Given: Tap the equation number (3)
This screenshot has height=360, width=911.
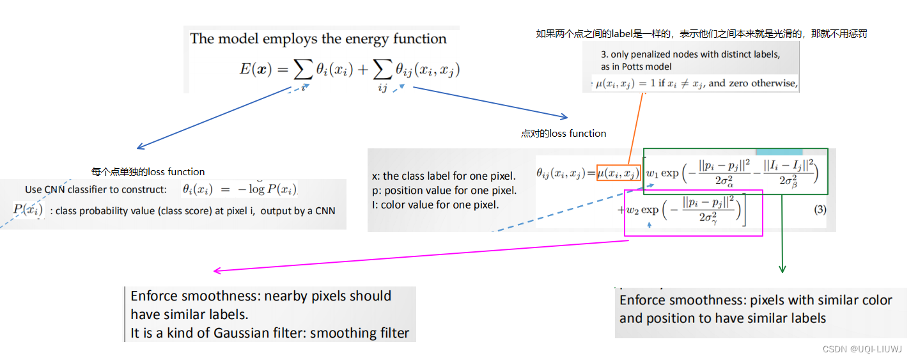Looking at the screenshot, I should coord(820,210).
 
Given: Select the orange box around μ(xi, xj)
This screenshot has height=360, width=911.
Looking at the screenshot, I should coord(619,173).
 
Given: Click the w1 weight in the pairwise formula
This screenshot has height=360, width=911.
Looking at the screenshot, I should coord(652,173).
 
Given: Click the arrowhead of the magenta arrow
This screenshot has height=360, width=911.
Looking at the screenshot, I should coord(216,271).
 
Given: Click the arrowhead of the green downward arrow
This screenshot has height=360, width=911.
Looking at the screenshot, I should coord(782,269).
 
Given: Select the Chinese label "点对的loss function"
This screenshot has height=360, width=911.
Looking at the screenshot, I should coord(563,133).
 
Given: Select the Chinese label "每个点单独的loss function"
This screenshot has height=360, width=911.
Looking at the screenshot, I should coord(148,171).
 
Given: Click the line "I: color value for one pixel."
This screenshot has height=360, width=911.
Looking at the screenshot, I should coord(435,205).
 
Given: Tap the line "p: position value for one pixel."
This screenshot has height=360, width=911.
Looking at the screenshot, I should coord(444,190).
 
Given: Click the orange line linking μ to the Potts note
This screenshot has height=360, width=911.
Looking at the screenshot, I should coord(635,128).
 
